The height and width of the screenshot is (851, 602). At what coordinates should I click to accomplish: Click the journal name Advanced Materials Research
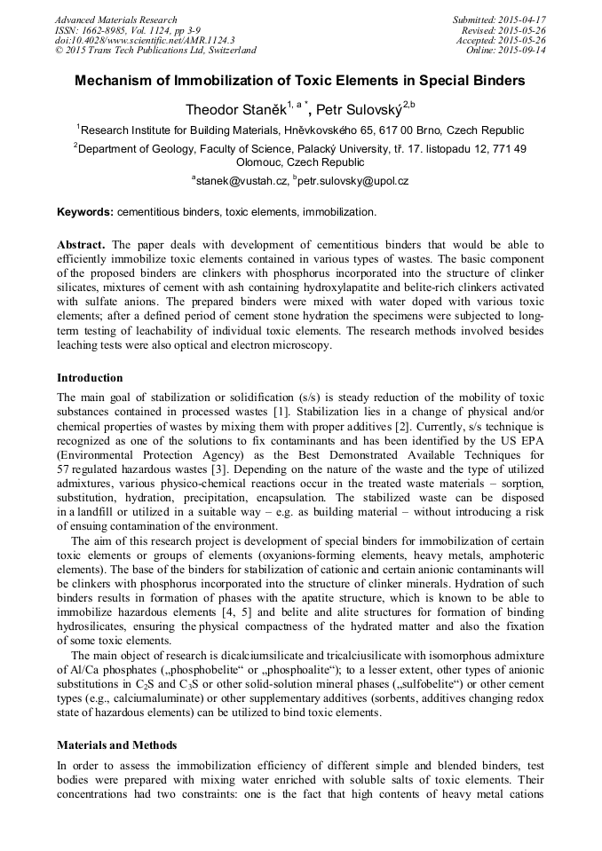[115, 20]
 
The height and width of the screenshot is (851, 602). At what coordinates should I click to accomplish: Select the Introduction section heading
[90, 378]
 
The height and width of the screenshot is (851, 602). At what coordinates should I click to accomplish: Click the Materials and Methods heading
[116, 745]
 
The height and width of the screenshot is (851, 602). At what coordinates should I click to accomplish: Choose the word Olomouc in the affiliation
[258, 162]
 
